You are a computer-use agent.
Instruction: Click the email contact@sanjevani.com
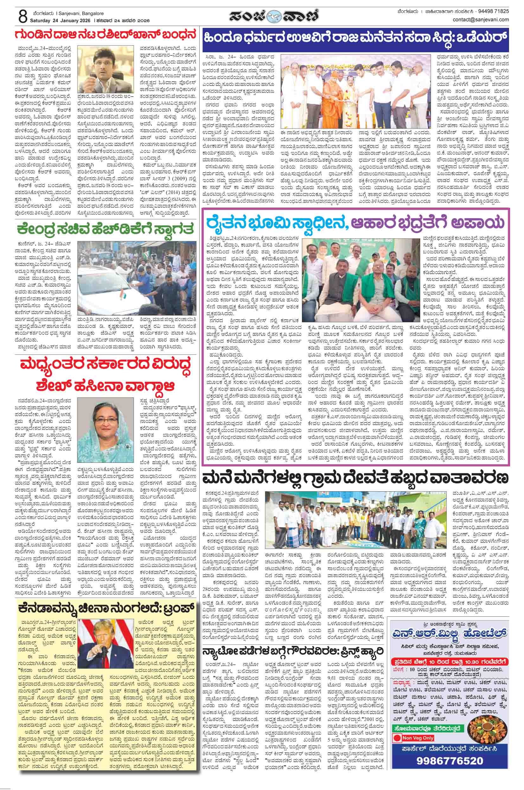(x=481, y=19)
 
